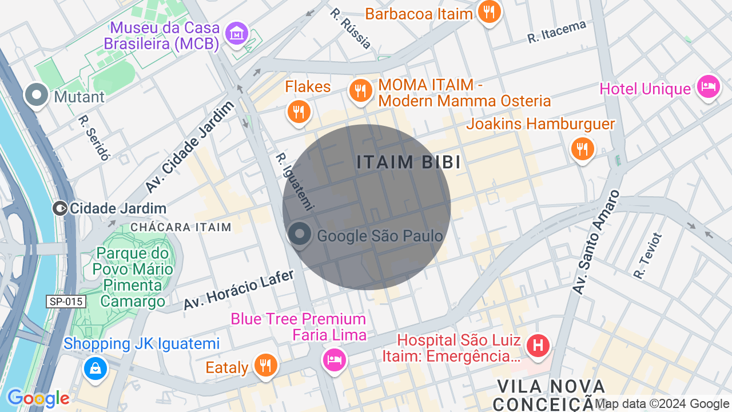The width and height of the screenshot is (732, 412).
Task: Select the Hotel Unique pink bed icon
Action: point(709,88)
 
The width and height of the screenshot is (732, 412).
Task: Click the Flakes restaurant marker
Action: point(298,111)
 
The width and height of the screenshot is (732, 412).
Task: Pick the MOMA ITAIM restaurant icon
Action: point(360,91)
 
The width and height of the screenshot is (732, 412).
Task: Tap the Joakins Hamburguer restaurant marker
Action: point(582,149)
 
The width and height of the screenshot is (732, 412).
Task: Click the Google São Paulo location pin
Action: point(299,235)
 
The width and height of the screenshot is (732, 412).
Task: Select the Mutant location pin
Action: point(38,95)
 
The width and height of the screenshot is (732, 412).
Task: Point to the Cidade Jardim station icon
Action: point(59,208)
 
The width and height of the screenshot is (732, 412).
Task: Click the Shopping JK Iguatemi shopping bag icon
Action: point(96,368)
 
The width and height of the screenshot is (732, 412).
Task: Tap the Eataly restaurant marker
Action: point(265,365)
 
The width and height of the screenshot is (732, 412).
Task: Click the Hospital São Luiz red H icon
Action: point(538,346)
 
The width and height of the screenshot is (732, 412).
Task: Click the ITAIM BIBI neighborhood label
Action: point(408,163)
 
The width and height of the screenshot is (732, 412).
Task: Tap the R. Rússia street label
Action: point(351,28)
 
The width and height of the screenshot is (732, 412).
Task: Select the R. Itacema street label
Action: point(557,32)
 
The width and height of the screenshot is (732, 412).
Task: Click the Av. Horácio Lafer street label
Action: point(238,290)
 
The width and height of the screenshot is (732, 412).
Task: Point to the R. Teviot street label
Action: point(647,256)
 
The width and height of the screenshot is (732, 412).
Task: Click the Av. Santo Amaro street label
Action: point(596,243)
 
